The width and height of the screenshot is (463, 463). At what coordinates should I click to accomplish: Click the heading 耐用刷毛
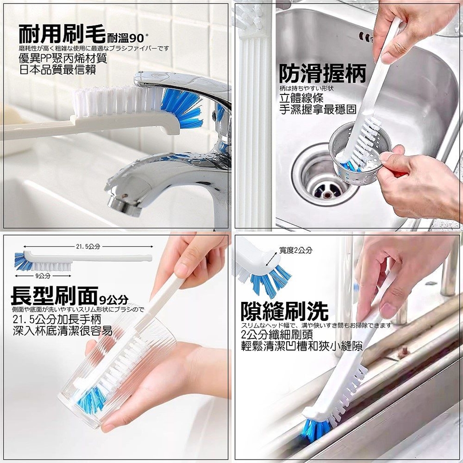click(x=62, y=34)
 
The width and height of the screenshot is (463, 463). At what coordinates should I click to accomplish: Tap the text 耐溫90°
click(x=127, y=38)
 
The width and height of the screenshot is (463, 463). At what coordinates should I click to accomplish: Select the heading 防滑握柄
click(x=323, y=74)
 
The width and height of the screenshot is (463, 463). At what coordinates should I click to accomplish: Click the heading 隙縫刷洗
click(x=285, y=311)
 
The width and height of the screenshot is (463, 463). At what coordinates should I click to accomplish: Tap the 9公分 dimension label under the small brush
click(x=43, y=276)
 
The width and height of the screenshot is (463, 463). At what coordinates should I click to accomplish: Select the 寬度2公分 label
click(x=296, y=250)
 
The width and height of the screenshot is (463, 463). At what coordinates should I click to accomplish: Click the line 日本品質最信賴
click(x=57, y=69)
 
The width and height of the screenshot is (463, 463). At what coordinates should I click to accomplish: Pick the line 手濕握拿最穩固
click(x=318, y=109)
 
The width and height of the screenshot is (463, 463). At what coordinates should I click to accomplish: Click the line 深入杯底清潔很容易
click(x=62, y=331)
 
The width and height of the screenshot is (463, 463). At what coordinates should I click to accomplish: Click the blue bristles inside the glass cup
click(x=91, y=400)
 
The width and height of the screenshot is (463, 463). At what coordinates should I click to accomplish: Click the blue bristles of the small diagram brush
click(x=24, y=261)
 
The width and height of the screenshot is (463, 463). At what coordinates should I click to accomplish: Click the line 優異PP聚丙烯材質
click(x=63, y=58)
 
